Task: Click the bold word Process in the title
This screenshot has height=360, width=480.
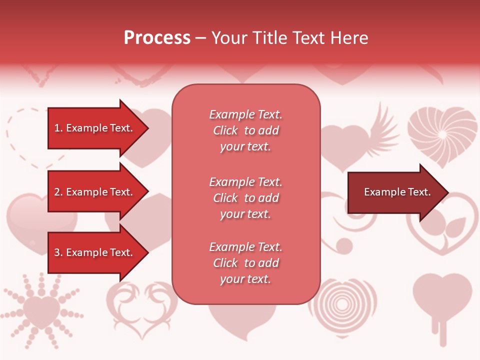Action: tap(157, 38)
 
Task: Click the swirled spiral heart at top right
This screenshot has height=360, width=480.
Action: tap(442, 135)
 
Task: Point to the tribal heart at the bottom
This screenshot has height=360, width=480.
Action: tap(142, 305)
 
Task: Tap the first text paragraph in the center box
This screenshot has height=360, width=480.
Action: tap(245, 130)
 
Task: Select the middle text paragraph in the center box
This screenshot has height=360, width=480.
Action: tap(245, 198)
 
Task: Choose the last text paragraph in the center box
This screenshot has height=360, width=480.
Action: tap(245, 263)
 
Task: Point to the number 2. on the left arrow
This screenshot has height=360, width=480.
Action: tap(58, 192)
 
